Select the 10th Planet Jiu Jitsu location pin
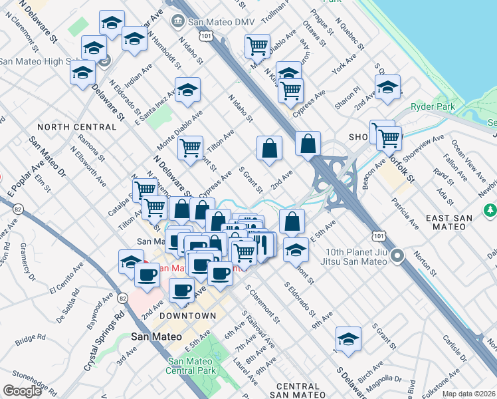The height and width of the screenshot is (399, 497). click(398, 256)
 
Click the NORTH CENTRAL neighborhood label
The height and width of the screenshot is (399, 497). click(76, 127)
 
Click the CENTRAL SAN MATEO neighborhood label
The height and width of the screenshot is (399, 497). click(298, 391)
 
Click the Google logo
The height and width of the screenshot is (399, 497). click(22, 391)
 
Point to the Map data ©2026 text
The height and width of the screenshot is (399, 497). click(469, 394)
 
